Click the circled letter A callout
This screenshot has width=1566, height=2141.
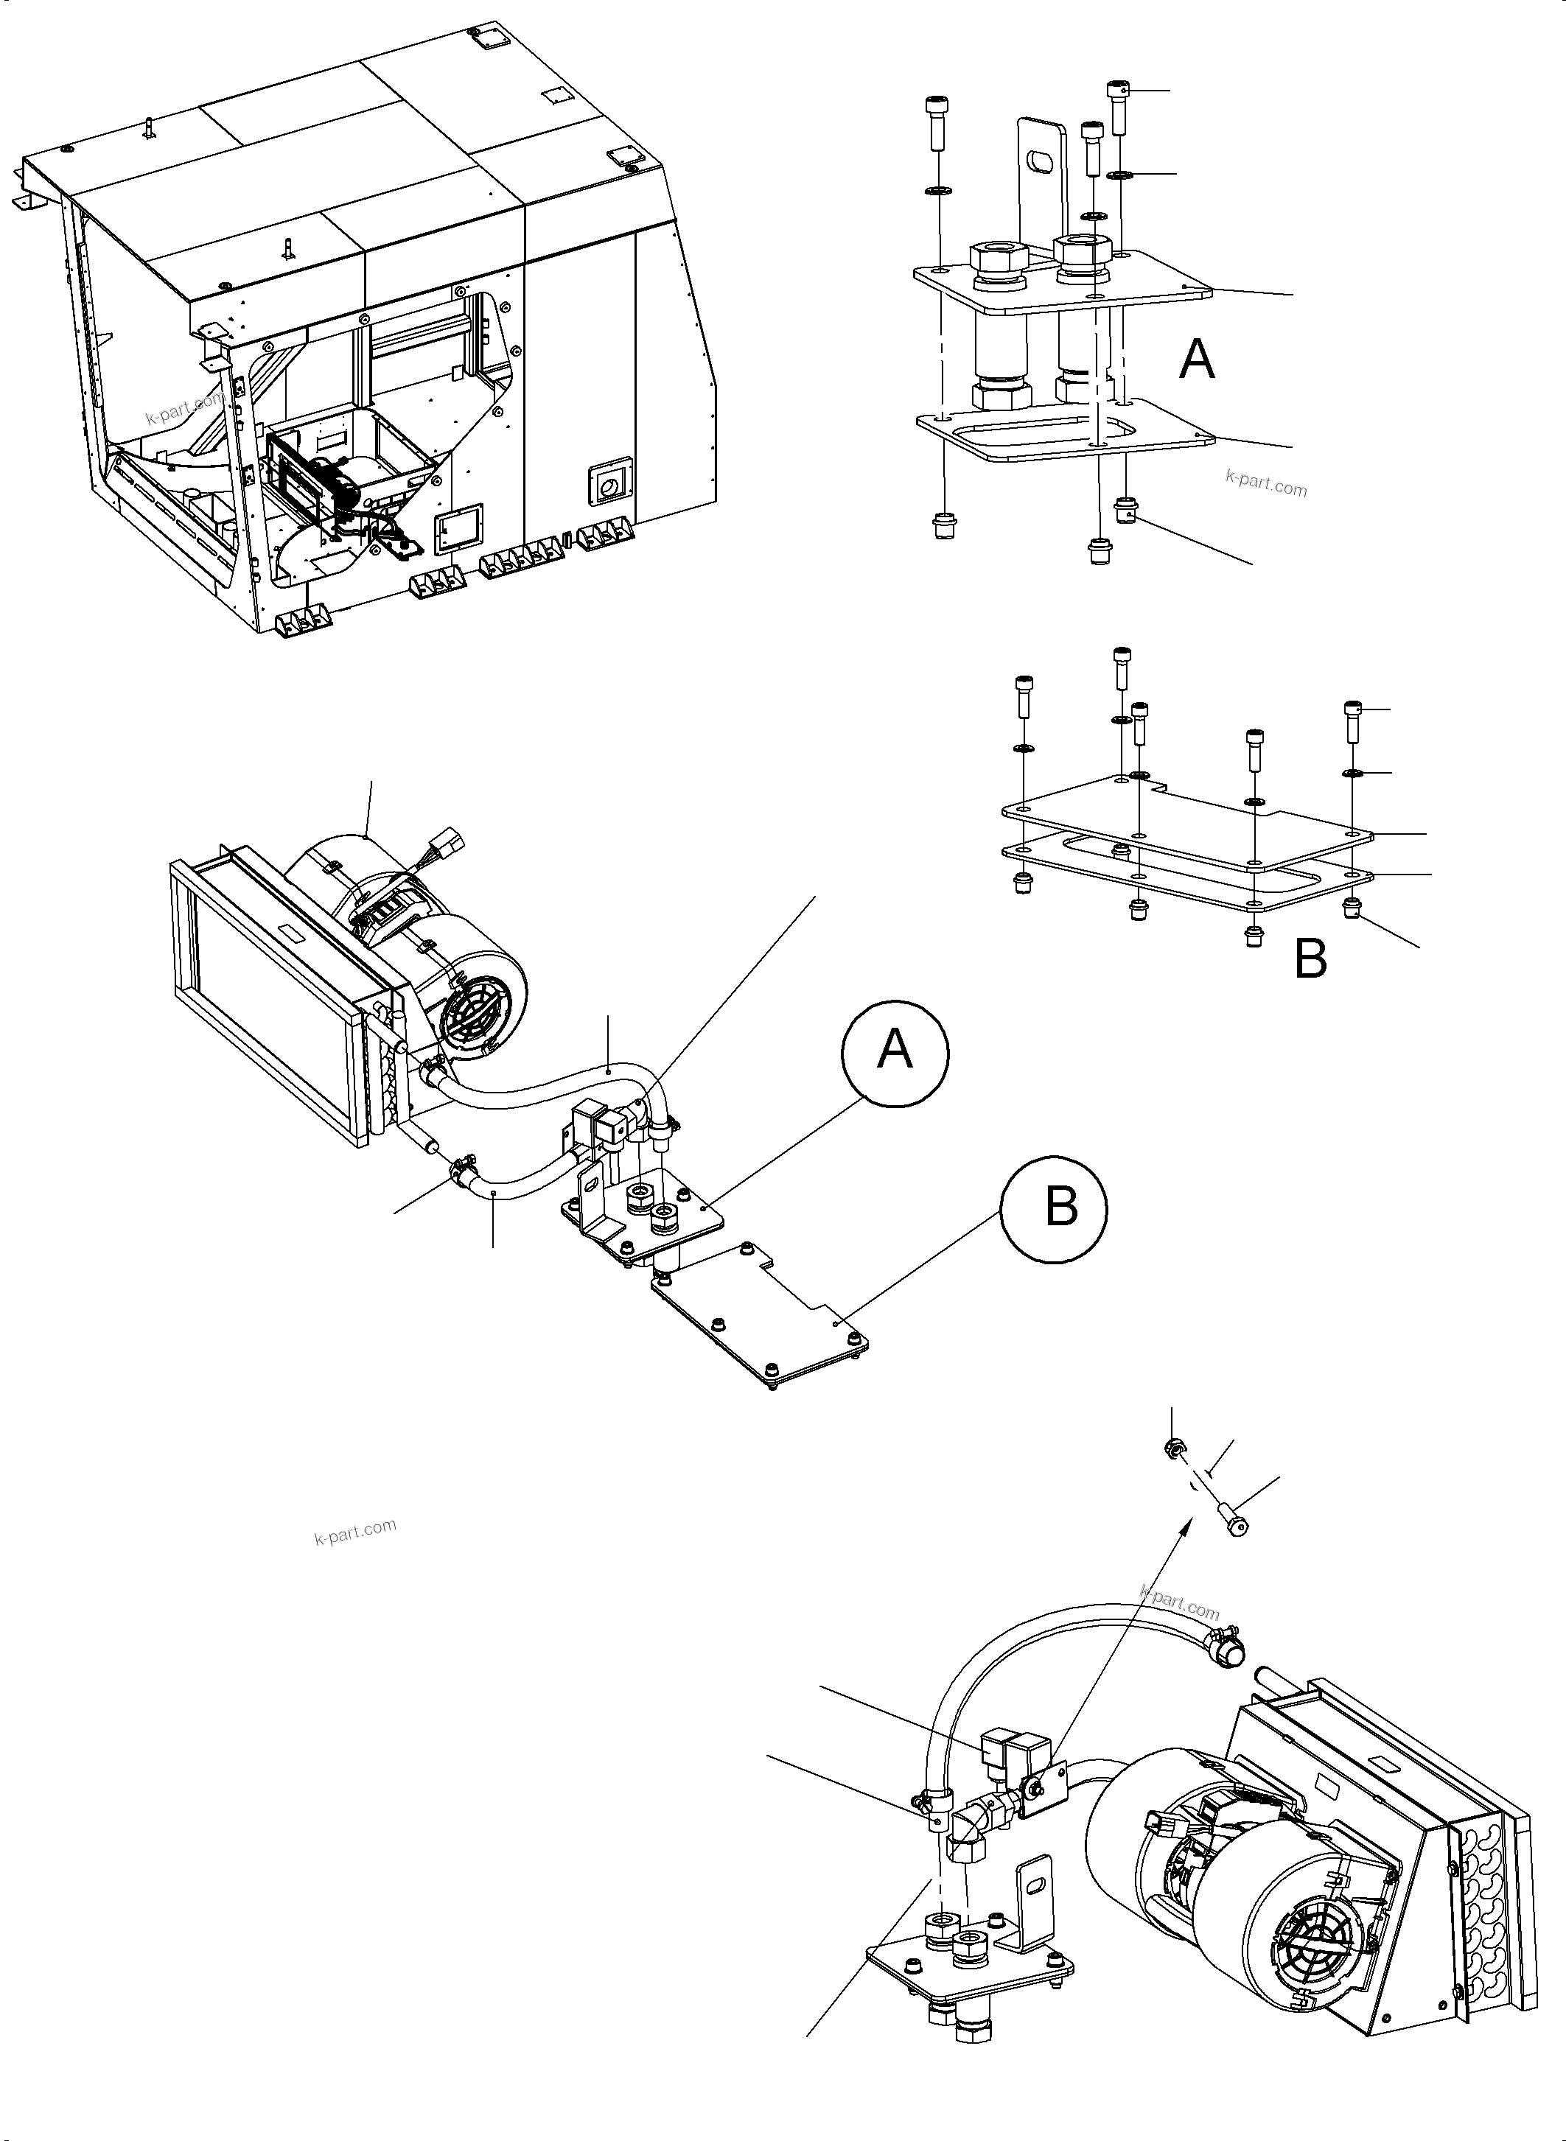click(895, 1051)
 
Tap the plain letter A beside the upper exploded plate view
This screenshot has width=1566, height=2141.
click(1196, 360)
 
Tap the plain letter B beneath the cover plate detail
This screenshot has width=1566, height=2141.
click(1310, 959)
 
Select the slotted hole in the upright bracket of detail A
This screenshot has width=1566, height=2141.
click(1041, 163)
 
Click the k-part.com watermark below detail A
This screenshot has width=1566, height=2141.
click(1265, 487)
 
